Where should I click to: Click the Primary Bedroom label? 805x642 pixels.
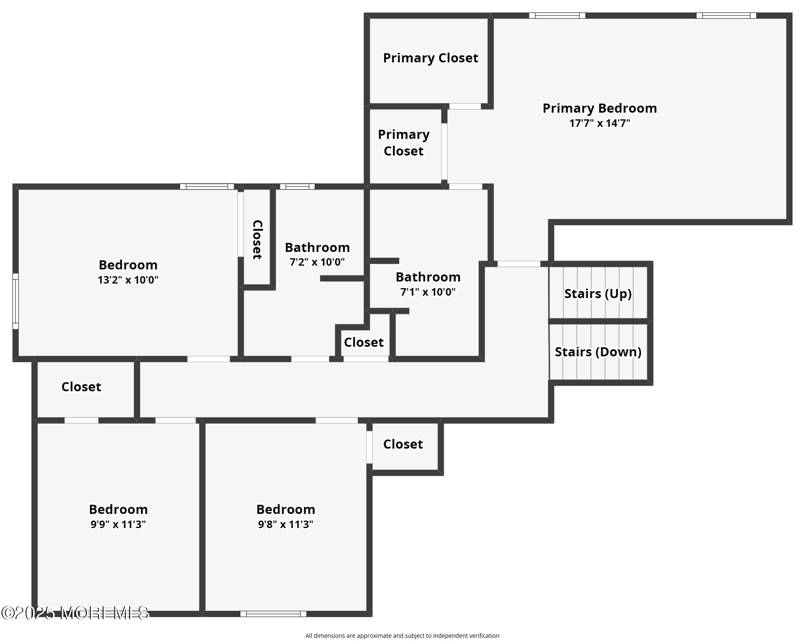coord(600,109)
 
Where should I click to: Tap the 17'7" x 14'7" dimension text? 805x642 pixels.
coord(600,123)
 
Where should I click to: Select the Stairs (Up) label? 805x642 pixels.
coord(598,294)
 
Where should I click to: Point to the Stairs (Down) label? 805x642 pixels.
coord(598,352)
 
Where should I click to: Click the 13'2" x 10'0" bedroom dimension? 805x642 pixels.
coord(128,280)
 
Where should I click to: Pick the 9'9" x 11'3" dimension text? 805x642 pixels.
coord(118,524)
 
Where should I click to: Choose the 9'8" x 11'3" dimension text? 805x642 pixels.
coord(286,524)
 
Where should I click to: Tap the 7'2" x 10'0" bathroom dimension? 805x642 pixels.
coord(317,262)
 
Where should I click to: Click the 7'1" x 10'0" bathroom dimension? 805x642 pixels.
coord(428,292)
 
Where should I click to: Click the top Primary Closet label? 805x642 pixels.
coord(430,58)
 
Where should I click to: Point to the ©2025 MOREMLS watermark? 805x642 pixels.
coord(75,612)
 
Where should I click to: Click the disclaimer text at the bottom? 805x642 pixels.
coord(402,635)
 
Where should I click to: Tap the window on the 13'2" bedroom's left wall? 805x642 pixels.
coord(15,301)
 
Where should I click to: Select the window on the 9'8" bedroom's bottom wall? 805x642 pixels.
coord(273,614)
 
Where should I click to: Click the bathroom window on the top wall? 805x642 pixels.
coord(297,186)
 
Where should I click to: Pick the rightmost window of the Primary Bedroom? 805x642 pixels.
coord(726,16)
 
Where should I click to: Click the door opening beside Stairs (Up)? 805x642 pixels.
coord(519,264)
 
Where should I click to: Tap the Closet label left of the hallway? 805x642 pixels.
coord(81,387)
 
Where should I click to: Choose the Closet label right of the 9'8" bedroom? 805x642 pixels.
coord(403,444)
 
